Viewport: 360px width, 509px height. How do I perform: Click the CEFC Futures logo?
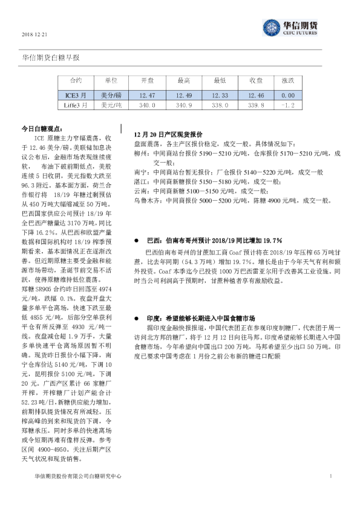pos(290,28)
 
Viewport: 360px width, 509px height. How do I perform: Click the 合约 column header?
pos(75,80)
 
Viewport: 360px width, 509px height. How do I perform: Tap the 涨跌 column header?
pos(288,80)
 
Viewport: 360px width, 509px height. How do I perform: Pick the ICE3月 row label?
pos(76,95)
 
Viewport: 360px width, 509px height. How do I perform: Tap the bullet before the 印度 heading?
pos(140,317)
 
